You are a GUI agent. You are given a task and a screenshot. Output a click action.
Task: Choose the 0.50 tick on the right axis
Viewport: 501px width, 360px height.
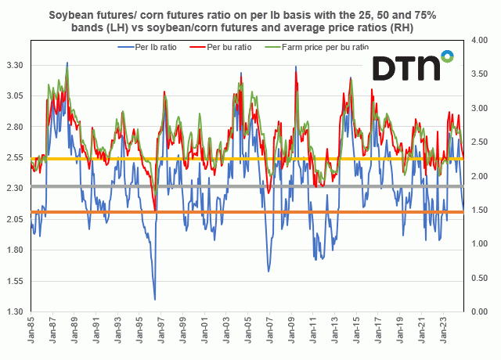pos(479,277)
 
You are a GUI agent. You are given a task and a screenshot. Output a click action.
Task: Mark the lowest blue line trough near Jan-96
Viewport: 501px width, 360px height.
pos(154,299)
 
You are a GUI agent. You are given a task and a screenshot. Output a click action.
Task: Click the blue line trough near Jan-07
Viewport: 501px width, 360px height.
pos(269,271)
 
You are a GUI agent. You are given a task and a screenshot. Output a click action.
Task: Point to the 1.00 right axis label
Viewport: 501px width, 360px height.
pos(479,243)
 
